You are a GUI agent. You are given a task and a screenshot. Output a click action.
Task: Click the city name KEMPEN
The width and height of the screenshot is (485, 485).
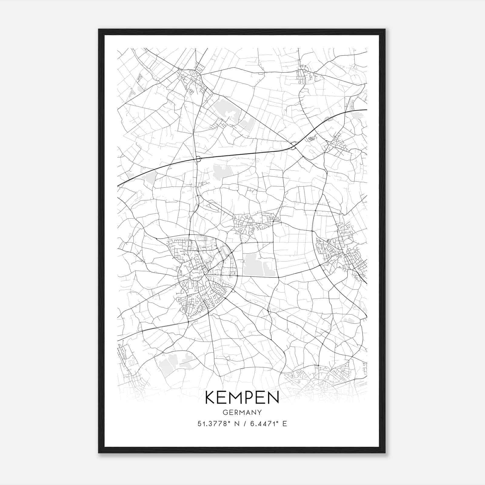point(242,398)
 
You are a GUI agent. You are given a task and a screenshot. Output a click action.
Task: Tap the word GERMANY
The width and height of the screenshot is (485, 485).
point(242,412)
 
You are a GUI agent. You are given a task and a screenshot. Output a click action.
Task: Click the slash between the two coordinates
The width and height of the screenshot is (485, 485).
point(245,423)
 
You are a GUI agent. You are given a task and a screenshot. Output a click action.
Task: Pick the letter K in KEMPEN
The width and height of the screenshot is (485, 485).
point(210,398)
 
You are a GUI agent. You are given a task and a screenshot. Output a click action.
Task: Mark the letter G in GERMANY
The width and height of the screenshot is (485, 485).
point(225,412)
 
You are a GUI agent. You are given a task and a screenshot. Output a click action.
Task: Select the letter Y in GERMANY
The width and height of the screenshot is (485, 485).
point(259,412)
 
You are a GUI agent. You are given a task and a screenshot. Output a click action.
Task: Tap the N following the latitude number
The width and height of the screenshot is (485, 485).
point(237,423)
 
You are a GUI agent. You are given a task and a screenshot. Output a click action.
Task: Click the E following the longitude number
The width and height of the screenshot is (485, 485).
point(284,423)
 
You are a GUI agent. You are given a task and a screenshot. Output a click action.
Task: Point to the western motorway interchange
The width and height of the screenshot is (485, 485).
point(198,159)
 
